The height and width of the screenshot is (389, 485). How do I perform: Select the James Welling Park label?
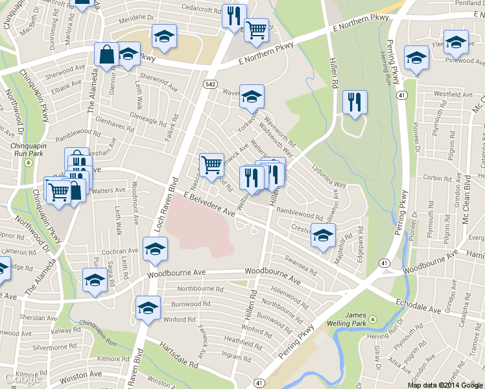tap(355, 319)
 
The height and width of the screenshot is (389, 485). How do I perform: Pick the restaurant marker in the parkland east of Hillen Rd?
tap(354, 103)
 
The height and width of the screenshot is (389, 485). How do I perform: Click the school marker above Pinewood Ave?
tap(456, 42)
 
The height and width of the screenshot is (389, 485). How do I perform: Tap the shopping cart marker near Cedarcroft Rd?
tap(257, 29)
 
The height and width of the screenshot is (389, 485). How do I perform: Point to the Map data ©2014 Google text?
tap(445, 384)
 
